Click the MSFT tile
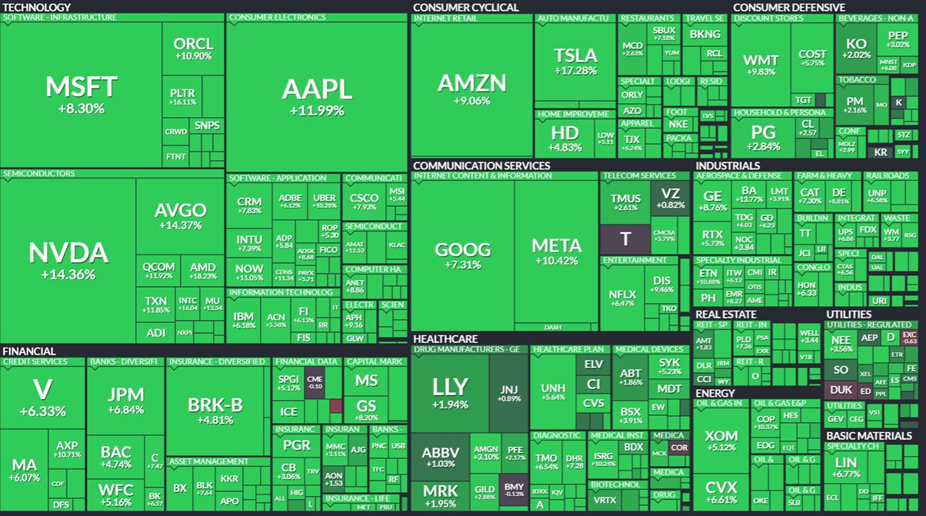click(81, 92)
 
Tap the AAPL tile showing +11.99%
click(316, 96)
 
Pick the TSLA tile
click(575, 61)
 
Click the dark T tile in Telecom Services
click(625, 239)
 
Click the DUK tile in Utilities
click(841, 390)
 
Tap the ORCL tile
click(193, 48)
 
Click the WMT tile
click(761, 65)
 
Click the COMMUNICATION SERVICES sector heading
click(481, 165)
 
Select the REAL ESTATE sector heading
click(725, 314)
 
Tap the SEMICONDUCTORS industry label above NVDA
click(39, 174)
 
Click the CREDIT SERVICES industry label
click(35, 361)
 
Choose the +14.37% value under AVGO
click(180, 225)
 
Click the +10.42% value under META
click(557, 261)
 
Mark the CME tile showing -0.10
click(315, 381)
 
